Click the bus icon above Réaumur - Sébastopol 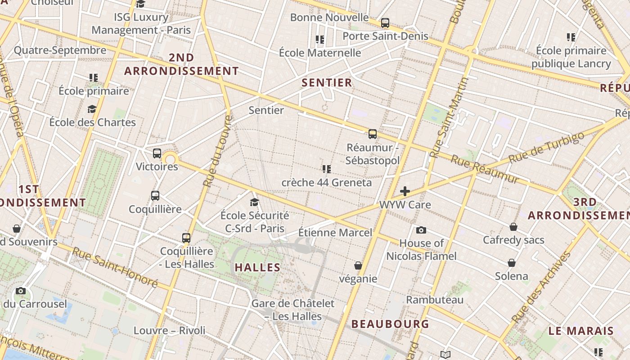pyautogui.click(x=373, y=134)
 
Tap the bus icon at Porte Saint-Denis pyautogui.click(x=385, y=22)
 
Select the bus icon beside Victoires pyautogui.click(x=157, y=153)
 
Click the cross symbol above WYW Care pyautogui.click(x=405, y=191)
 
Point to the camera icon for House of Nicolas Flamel pyautogui.click(x=421, y=230)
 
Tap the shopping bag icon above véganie pyautogui.click(x=358, y=265)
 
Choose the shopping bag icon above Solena pyautogui.click(x=512, y=262)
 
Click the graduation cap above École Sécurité pyautogui.click(x=255, y=202)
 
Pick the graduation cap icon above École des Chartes pyautogui.click(x=92, y=109)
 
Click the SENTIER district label pyautogui.click(x=327, y=82)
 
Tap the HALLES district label pyautogui.click(x=258, y=267)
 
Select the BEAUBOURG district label pyautogui.click(x=390, y=324)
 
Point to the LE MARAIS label pyautogui.click(x=581, y=331)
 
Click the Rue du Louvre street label pyautogui.click(x=217, y=151)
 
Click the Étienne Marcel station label pyautogui.click(x=335, y=233)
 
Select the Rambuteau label pyautogui.click(x=435, y=300)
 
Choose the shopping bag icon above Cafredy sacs pyautogui.click(x=513, y=227)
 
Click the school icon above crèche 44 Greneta pyautogui.click(x=327, y=169)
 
